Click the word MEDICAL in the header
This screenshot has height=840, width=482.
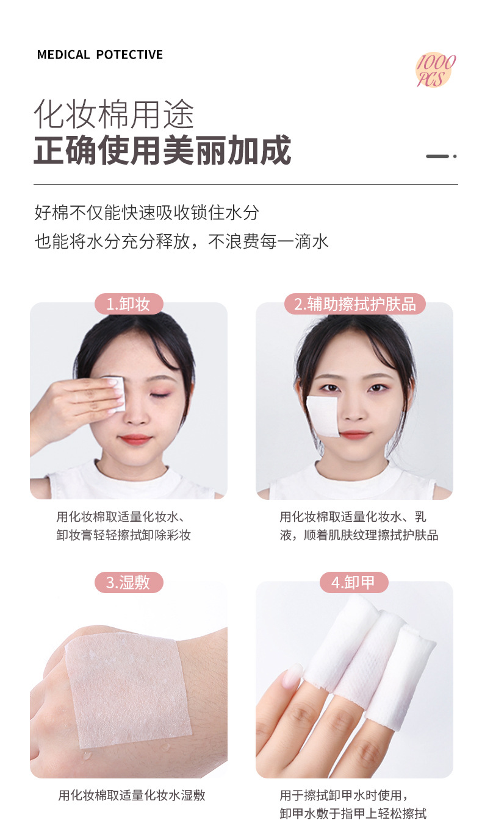(63, 55)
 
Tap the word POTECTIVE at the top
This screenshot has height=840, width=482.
(129, 55)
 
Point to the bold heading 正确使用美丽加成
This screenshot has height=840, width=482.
(162, 150)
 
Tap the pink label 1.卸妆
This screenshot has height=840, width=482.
(129, 304)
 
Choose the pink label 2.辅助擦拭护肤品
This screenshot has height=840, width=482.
(354, 304)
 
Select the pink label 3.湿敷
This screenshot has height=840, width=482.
(129, 582)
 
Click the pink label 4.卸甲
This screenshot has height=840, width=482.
(354, 582)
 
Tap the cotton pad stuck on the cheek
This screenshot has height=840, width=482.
(323, 416)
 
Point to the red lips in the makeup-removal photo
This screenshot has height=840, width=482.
(135, 439)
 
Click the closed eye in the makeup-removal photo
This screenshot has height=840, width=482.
(160, 395)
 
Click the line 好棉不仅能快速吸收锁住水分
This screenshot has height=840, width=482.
(147, 213)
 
